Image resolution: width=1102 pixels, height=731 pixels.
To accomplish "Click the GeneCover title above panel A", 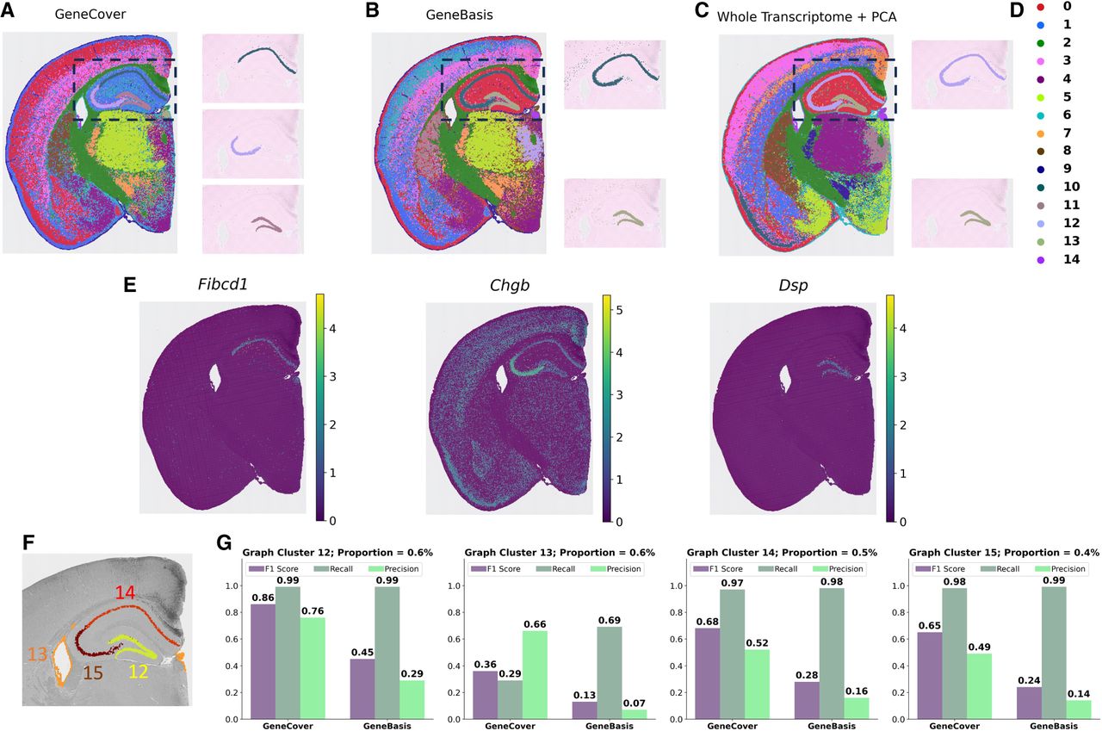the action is pos(90,15).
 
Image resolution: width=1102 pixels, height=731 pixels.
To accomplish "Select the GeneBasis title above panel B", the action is pos(459,15).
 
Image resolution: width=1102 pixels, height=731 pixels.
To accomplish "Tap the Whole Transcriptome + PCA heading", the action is pos(807,17).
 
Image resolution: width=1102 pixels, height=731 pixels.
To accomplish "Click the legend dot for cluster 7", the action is pos(1041,133).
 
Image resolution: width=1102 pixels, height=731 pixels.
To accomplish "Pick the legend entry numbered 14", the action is pos(1071,259).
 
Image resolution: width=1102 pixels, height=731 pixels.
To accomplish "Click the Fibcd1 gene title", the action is pos(222,285).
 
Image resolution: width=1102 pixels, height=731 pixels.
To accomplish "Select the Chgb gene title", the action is pos(510,286).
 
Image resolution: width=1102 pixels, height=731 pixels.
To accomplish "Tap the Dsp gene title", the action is pos(793,286).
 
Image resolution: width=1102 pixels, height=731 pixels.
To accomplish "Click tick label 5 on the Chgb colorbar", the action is pos(619,311).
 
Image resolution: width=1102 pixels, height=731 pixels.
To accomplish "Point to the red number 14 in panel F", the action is pos(126,592).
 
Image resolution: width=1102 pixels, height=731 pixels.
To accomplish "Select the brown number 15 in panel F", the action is pos(92,673).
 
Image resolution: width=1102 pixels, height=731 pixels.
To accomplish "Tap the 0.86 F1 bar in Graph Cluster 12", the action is pos(263,661).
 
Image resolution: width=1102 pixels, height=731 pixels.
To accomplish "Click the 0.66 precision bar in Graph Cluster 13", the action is pos(535,675).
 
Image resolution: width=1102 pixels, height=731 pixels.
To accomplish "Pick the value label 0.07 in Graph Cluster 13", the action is pos(635,703).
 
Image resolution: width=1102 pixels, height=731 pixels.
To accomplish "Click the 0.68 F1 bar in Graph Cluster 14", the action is pos(708,674).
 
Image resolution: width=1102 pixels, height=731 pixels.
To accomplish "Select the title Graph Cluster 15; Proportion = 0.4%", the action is pos(1004,553).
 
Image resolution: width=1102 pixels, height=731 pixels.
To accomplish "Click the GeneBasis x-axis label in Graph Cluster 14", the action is pos(832,726).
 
